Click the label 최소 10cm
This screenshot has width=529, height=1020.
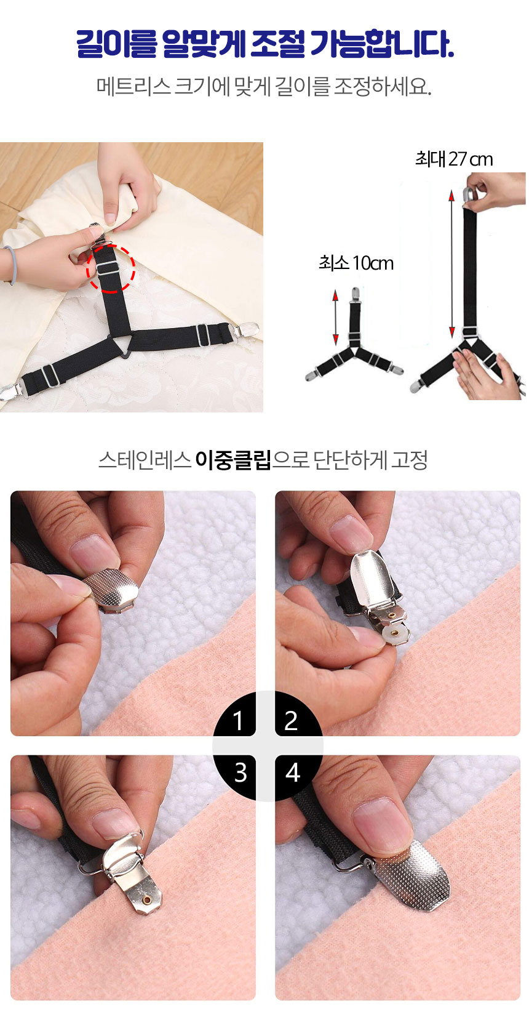(356, 263)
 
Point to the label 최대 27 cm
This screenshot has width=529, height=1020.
(454, 159)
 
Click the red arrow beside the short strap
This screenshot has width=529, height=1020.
(336, 318)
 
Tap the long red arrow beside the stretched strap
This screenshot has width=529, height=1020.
(451, 264)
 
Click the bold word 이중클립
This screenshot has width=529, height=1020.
(233, 460)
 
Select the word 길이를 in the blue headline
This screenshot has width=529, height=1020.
(116, 44)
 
